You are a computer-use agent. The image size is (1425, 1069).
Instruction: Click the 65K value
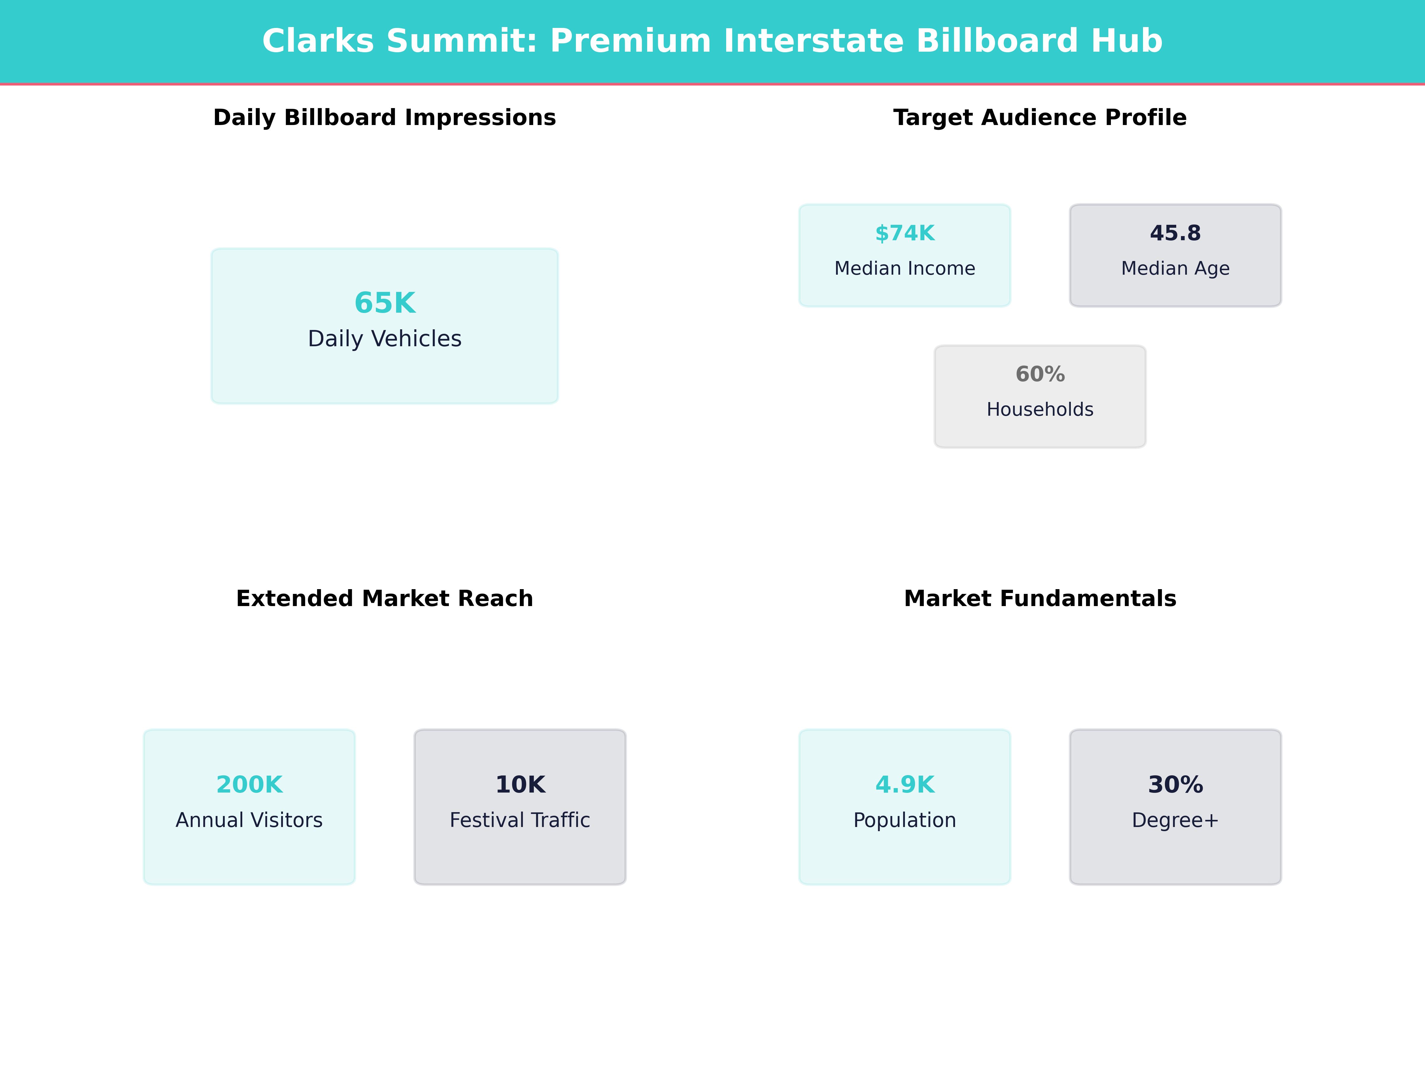pyautogui.click(x=384, y=303)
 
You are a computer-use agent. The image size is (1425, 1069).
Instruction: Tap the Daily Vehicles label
pyautogui.click(x=384, y=339)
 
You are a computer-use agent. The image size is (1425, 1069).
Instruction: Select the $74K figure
pyautogui.click(x=905, y=233)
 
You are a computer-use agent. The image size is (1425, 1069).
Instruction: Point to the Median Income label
pyautogui.click(x=905, y=268)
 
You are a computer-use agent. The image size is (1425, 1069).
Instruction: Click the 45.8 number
pyautogui.click(x=1175, y=233)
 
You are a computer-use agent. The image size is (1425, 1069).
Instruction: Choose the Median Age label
pyautogui.click(x=1175, y=268)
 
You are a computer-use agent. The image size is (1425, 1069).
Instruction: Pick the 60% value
pyautogui.click(x=1040, y=374)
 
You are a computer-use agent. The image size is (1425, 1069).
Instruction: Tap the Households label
pyautogui.click(x=1040, y=409)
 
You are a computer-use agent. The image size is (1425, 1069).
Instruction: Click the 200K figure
pyautogui.click(x=249, y=785)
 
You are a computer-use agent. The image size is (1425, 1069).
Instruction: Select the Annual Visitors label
pyautogui.click(x=249, y=820)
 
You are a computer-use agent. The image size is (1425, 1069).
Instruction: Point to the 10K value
pyautogui.click(x=520, y=785)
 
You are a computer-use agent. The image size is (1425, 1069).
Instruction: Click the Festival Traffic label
pyautogui.click(x=520, y=820)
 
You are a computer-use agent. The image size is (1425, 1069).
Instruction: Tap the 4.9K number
pyautogui.click(x=905, y=785)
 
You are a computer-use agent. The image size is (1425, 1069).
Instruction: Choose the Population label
pyautogui.click(x=905, y=820)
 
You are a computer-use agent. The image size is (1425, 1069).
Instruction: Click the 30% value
pyautogui.click(x=1175, y=785)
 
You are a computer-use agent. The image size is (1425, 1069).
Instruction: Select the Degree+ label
pyautogui.click(x=1175, y=820)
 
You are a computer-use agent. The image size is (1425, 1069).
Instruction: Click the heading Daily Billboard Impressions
pyautogui.click(x=384, y=118)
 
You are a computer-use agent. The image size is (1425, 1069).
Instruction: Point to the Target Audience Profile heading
pyautogui.click(x=1040, y=118)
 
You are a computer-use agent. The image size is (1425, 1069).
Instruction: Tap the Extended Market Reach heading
pyautogui.click(x=384, y=599)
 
